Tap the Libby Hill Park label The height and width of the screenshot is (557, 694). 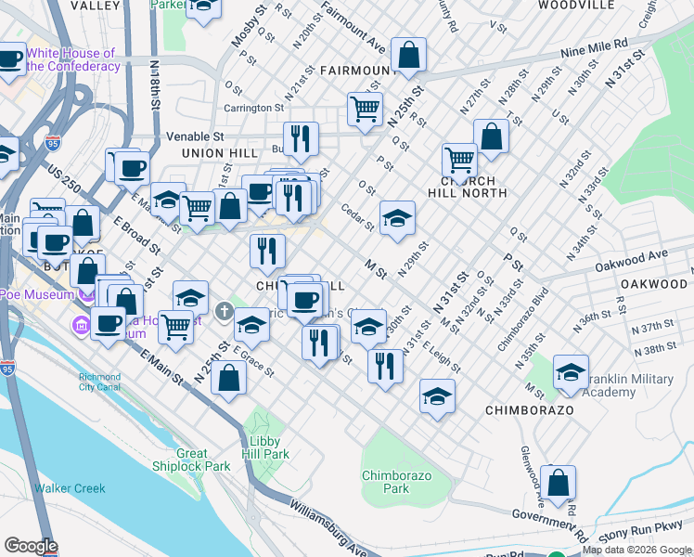(269, 448)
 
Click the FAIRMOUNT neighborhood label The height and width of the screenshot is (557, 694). (358, 71)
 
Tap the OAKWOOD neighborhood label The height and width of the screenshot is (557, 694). (653, 283)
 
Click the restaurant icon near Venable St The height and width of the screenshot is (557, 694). (301, 138)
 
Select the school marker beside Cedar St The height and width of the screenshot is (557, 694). (397, 217)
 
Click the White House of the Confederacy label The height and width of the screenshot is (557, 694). (73, 59)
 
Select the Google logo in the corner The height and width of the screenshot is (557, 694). (31, 546)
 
